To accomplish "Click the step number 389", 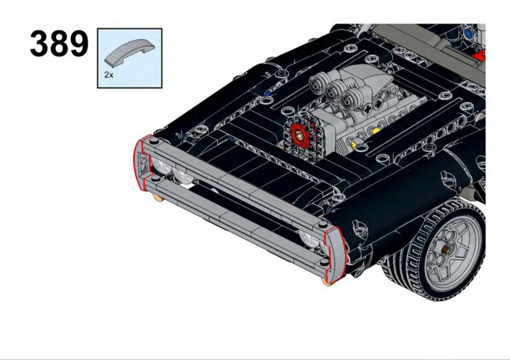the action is tap(59, 44).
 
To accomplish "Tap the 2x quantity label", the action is tap(109, 75).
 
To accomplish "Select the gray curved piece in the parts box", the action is tap(130, 53).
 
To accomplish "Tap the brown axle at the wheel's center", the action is tap(445, 249).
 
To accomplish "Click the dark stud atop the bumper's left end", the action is tap(154, 141).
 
